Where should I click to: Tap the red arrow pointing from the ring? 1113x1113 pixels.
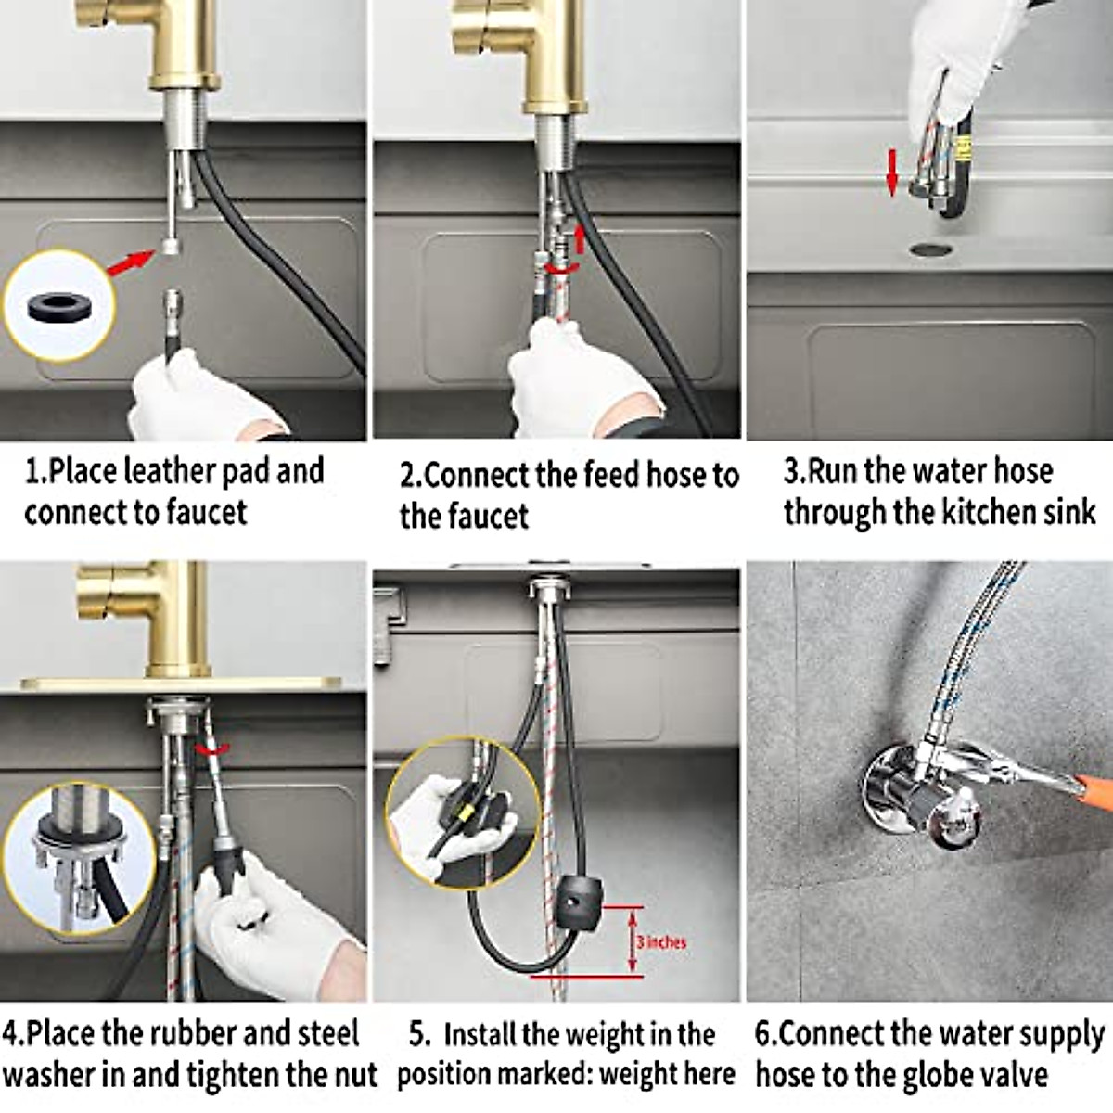130,262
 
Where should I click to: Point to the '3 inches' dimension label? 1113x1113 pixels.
660,942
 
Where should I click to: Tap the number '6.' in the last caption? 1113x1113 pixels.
766,1034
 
